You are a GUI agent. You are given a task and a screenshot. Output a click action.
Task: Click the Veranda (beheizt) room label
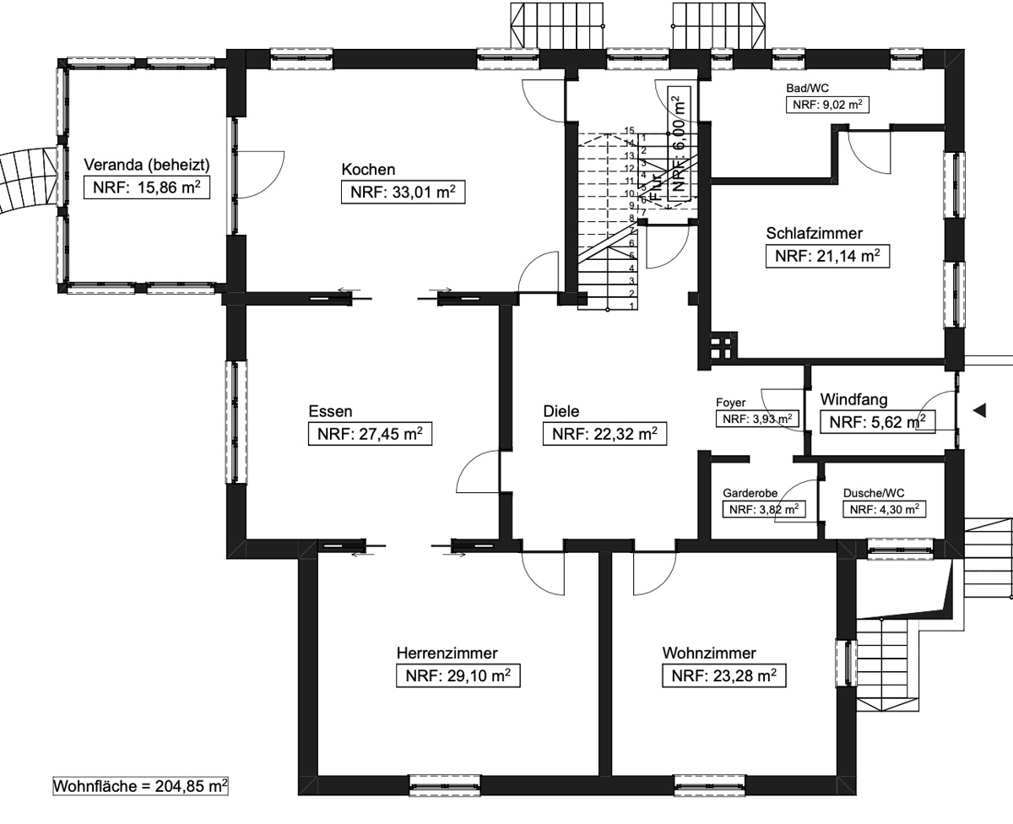point(147,165)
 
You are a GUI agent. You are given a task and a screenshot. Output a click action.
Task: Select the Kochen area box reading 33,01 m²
point(404,192)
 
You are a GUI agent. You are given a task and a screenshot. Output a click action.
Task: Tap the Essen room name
point(331,411)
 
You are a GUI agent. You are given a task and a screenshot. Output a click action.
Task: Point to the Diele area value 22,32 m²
point(605,434)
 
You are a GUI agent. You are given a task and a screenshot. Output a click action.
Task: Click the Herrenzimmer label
point(447,653)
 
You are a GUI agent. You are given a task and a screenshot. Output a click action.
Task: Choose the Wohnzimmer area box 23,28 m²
point(724,675)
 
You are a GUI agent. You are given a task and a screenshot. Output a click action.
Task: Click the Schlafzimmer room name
point(815,234)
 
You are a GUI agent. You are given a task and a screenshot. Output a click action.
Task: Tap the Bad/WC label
point(808,88)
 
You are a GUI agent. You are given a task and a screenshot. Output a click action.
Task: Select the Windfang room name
point(854,399)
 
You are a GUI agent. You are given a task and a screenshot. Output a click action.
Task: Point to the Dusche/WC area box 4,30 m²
point(885,509)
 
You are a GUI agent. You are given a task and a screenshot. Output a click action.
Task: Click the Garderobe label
point(750,493)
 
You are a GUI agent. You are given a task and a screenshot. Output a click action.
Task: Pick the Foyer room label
point(731,403)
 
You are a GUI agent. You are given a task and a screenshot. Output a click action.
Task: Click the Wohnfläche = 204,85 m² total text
point(140,786)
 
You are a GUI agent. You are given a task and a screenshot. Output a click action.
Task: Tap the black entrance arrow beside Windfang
point(980,410)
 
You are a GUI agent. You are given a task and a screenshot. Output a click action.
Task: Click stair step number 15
point(629,130)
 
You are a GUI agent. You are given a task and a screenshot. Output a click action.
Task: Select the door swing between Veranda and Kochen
point(260,174)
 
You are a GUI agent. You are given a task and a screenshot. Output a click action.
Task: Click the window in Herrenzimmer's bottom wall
point(445,785)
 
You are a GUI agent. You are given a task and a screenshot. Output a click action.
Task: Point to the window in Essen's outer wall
point(236,422)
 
